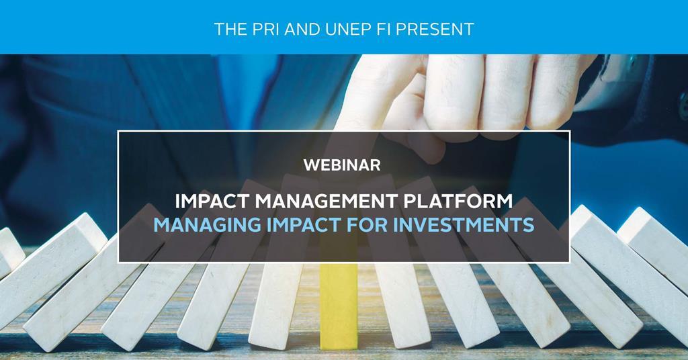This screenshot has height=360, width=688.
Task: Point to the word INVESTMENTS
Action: coord(468,224)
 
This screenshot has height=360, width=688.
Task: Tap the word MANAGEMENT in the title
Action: coord(337,201)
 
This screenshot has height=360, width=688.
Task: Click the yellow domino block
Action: coord(338,306)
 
